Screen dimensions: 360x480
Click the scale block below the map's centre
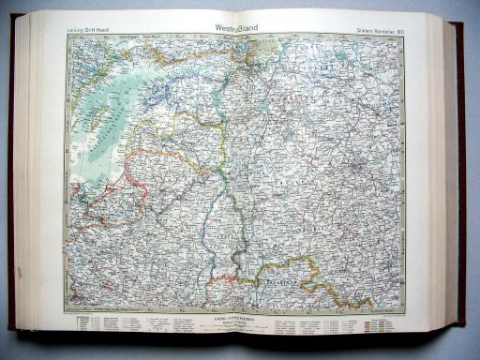pos(239,319)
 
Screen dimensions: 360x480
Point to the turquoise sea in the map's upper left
pos(103,103)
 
